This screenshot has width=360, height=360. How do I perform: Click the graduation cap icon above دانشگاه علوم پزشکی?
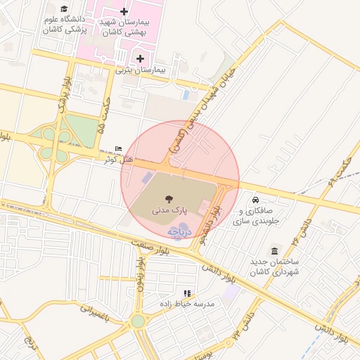click(x=65, y=8)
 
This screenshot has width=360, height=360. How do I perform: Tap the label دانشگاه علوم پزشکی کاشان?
click(x=64, y=25)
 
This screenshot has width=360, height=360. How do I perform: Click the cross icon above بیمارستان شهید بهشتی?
click(x=124, y=11)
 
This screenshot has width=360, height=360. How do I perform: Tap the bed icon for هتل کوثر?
click(x=118, y=148)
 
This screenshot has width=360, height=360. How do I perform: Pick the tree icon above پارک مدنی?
click(x=169, y=199)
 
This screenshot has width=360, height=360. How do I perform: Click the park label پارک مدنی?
click(x=169, y=210)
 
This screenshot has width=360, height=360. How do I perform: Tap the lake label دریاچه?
click(x=179, y=231)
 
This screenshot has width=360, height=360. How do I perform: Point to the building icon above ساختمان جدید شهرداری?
click(x=274, y=252)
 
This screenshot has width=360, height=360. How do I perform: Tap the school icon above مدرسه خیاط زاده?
click(x=186, y=292)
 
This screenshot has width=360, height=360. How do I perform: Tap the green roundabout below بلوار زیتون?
click(x=138, y=321)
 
